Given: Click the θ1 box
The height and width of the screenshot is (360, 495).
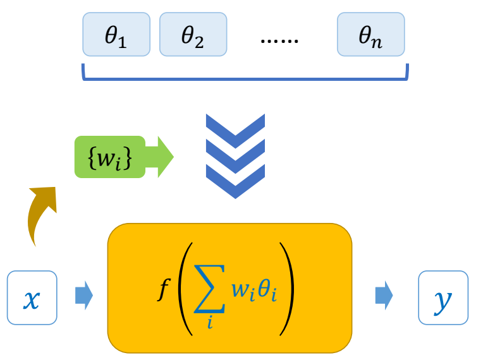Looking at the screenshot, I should tap(116, 35).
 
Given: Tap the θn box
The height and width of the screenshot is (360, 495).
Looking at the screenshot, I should tap(370, 35).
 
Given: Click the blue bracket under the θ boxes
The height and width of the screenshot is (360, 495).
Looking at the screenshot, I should tap(245, 78).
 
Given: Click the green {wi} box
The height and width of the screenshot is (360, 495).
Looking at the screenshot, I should tap(110, 157).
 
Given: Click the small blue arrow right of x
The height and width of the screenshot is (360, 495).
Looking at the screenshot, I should tap(83, 295).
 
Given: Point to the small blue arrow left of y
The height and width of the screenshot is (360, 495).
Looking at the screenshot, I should tap(383, 295).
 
